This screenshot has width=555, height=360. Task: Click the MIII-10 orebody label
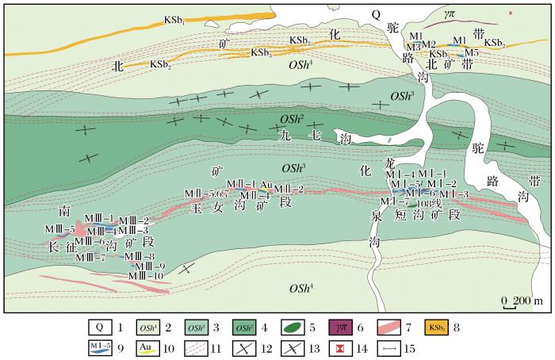pyautogui.click(x=147, y=276)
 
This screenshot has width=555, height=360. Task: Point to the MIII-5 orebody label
pyautogui.click(x=59, y=229)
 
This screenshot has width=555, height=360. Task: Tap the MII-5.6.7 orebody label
pyautogui.click(x=208, y=193)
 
